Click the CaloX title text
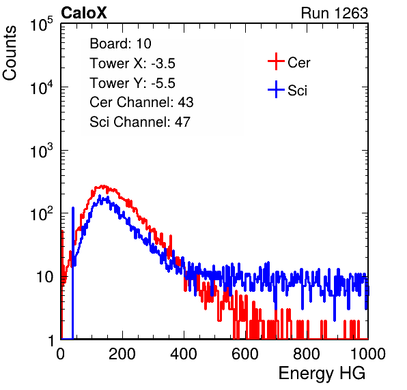pyautogui.click(x=84, y=13)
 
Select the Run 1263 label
pyautogui.click(x=335, y=13)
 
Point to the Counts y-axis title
pyautogui.click(x=10, y=53)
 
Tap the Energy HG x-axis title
pyautogui.click(x=322, y=374)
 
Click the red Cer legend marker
pyautogui.click(x=276, y=61)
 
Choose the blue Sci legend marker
pyautogui.click(x=276, y=90)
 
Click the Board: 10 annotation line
pyautogui.click(x=120, y=44)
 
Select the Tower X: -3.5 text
pyautogui.click(x=132, y=63)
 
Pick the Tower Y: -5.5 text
pyautogui.click(x=132, y=83)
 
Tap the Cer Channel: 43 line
pyautogui.click(x=141, y=102)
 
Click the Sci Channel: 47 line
pyautogui.click(x=140, y=122)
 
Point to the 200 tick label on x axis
pyautogui.click(x=122, y=354)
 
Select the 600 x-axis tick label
pyautogui.click(x=245, y=354)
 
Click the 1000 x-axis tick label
pyautogui.click(x=368, y=354)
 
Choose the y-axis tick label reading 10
pyautogui.click(x=45, y=277)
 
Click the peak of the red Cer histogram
pyautogui.click(x=103, y=186)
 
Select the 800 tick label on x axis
pyautogui.click(x=307, y=354)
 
